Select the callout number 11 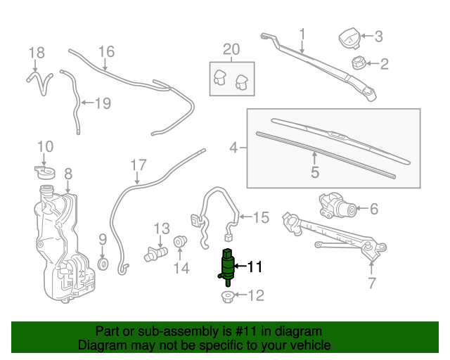coord(254,266)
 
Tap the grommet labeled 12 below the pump coord(228,296)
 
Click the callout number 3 coord(378,36)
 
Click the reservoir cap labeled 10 coord(45,170)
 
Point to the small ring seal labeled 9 coord(103,264)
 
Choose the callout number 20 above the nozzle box coord(231,49)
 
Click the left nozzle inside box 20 coord(220,79)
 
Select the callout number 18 coord(36,52)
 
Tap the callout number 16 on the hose coord(105,51)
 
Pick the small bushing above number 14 coord(180,242)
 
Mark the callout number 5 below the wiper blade coord(314,171)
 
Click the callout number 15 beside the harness coord(261,217)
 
